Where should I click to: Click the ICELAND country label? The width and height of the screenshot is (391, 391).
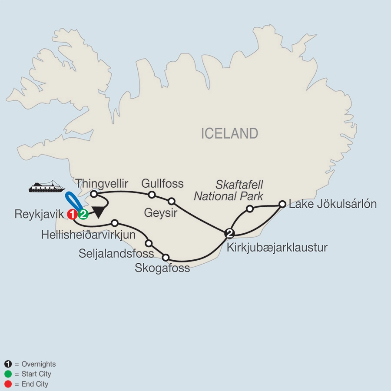tap(229, 133)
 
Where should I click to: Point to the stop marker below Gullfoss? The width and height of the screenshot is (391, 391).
tap(152, 194)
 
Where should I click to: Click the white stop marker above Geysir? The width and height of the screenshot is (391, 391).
tap(172, 201)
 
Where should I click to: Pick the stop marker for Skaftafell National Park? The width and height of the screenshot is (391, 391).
tap(249, 209)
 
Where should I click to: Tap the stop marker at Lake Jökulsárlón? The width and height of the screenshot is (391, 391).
tap(282, 203)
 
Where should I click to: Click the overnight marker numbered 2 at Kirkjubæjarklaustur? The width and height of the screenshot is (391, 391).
tap(230, 233)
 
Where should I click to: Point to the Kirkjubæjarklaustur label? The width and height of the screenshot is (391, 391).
tap(277, 248)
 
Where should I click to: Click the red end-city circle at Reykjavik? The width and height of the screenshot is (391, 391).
tap(73, 214)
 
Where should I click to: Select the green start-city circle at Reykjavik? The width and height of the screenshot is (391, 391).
tap(83, 214)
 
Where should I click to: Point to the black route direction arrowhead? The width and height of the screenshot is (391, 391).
tap(99, 212)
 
